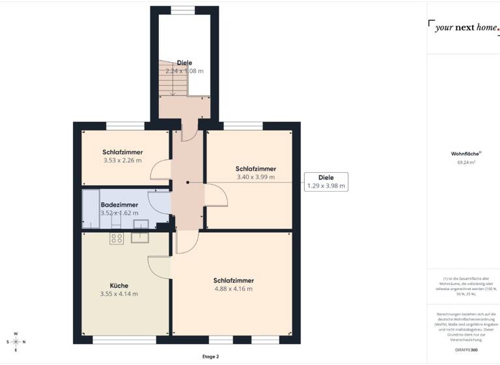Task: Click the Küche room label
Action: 119,285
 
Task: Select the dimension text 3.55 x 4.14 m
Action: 119,294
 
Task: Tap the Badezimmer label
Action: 119,205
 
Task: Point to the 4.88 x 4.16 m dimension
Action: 233,289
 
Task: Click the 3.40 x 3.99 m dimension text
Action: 255,177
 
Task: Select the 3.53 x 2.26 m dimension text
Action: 123,160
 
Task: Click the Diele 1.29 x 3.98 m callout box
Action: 326,181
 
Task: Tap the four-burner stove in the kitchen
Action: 117,239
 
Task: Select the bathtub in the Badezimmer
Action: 90,208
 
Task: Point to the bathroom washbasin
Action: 141,224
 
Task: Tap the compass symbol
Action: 16,342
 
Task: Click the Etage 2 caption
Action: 210,357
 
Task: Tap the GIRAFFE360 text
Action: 464,350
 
